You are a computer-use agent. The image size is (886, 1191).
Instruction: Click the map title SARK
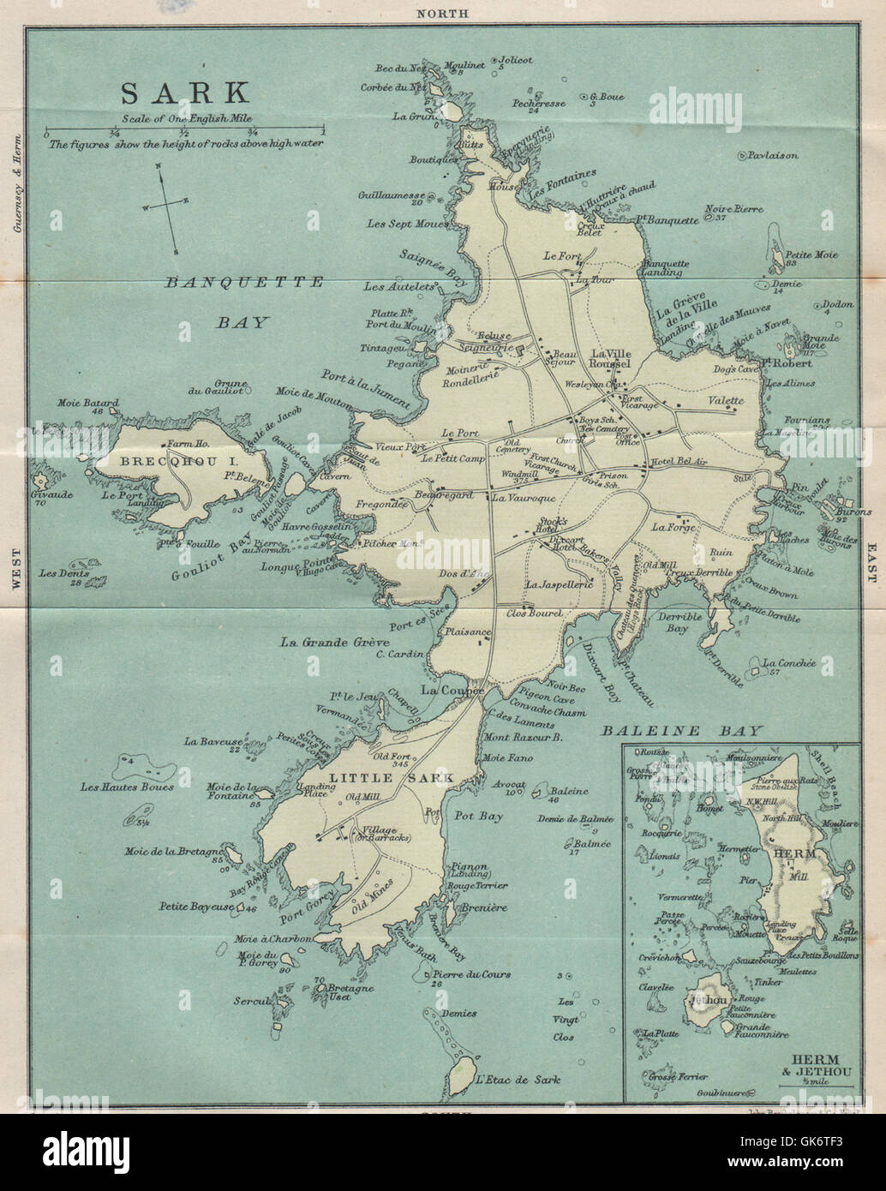click(184, 92)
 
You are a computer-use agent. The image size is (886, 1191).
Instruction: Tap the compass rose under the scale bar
click(166, 205)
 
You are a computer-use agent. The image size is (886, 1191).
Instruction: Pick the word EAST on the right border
click(871, 561)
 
